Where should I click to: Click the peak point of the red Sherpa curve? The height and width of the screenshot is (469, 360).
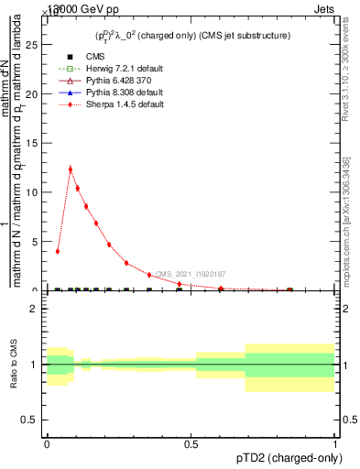click(x=71, y=169)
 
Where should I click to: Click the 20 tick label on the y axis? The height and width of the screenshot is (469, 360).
click(x=34, y=94)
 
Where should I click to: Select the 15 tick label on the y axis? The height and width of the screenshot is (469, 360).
click(x=34, y=143)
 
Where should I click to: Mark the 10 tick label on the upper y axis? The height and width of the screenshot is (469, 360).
click(x=34, y=192)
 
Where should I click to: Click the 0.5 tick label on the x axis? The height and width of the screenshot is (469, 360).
click(x=191, y=442)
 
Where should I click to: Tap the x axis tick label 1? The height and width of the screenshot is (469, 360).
click(x=335, y=442)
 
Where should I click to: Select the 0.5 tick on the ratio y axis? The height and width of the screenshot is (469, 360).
click(x=34, y=420)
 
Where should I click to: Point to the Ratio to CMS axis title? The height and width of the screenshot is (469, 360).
click(x=14, y=365)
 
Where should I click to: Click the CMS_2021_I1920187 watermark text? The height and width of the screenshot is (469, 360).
click(x=190, y=274)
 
